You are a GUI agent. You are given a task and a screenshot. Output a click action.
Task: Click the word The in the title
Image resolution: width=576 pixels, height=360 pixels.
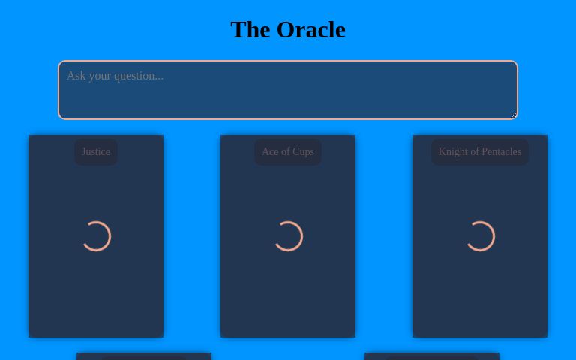click(250, 29)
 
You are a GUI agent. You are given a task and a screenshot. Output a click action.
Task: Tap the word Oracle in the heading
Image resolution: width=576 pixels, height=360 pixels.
click(311, 29)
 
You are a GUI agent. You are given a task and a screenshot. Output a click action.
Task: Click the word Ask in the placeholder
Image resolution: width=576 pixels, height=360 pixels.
click(76, 76)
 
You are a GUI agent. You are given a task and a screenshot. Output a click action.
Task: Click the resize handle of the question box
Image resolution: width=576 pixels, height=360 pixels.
click(513, 115)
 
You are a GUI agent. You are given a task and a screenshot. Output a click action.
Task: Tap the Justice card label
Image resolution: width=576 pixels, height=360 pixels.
click(96, 152)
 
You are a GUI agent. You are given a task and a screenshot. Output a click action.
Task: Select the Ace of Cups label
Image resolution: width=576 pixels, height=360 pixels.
click(288, 152)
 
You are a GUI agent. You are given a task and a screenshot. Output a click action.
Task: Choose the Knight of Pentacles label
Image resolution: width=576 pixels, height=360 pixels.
click(480, 152)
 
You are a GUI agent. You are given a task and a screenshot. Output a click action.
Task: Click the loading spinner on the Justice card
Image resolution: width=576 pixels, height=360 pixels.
click(96, 236)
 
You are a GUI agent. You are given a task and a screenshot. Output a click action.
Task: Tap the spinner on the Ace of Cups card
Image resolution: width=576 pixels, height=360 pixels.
click(288, 236)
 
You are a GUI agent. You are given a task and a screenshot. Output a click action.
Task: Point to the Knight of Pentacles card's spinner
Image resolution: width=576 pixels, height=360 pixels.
click(480, 236)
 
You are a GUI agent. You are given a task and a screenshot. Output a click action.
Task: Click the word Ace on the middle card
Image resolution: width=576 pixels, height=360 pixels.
click(270, 152)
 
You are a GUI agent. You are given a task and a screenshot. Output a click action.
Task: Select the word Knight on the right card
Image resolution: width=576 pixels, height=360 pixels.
click(453, 152)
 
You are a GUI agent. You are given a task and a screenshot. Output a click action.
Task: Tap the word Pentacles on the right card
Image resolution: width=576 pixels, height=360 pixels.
click(501, 152)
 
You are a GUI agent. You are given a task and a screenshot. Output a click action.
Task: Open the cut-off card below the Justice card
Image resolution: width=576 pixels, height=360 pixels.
click(144, 356)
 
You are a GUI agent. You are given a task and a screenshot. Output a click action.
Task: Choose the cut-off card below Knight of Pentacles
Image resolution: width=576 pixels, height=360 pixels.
click(432, 356)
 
